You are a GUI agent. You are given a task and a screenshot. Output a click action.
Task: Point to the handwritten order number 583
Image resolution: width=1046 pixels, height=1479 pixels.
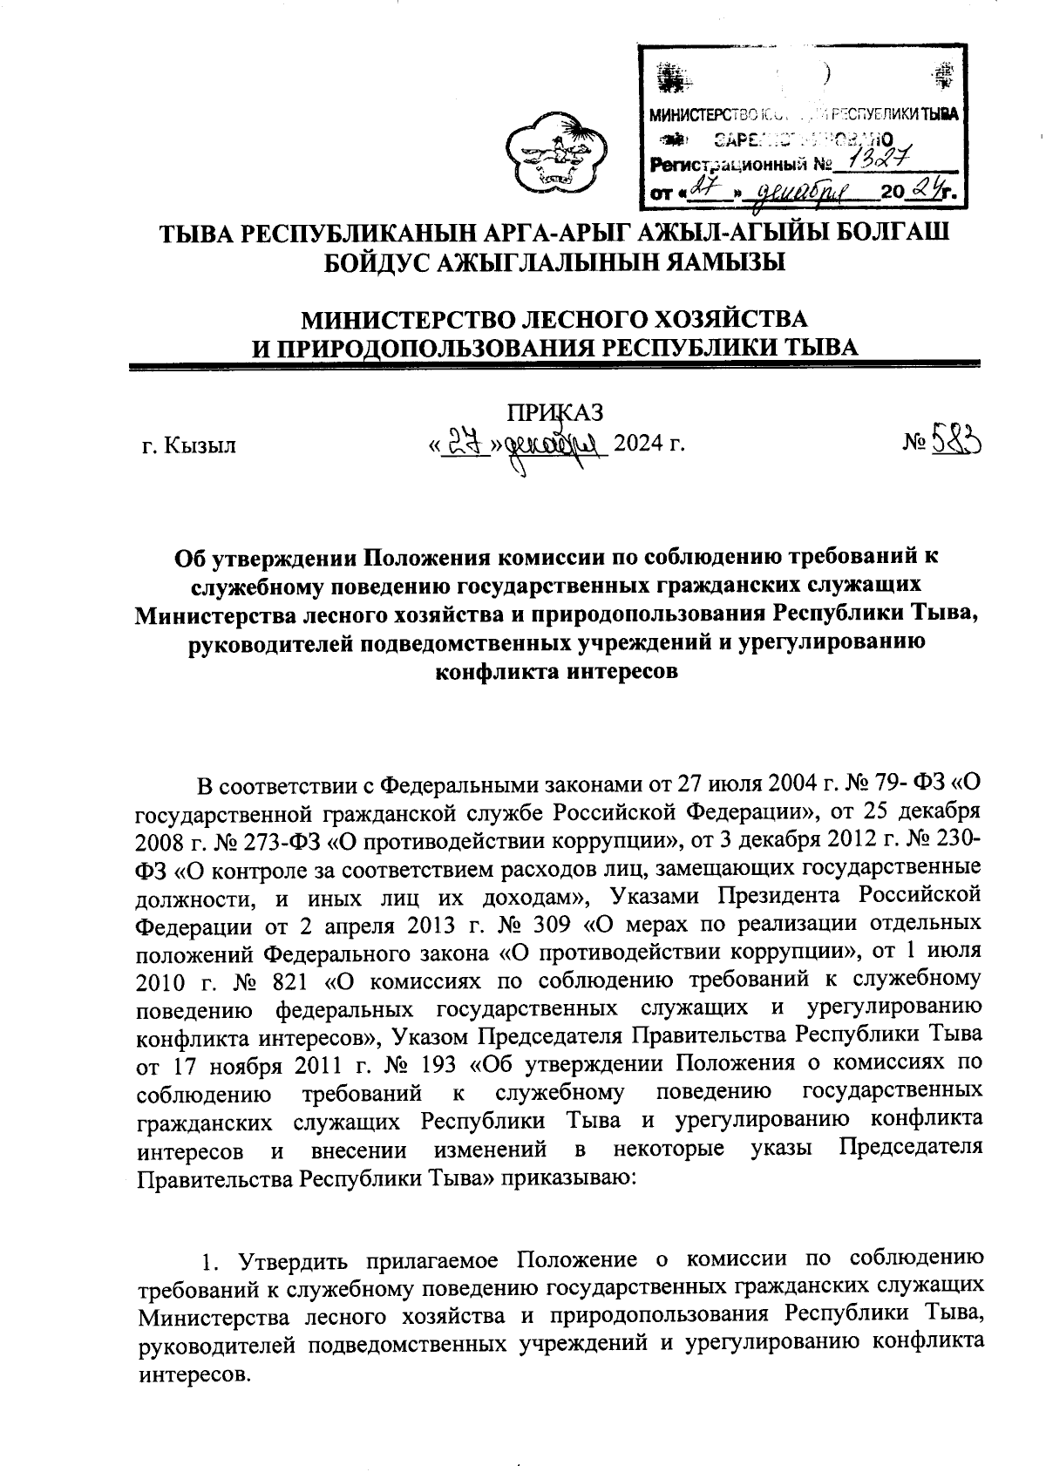(953, 443)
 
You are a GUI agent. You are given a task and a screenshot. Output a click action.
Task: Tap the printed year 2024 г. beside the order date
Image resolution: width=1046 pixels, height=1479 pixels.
(647, 444)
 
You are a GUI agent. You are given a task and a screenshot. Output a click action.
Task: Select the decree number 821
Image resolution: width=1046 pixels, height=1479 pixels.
(287, 980)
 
